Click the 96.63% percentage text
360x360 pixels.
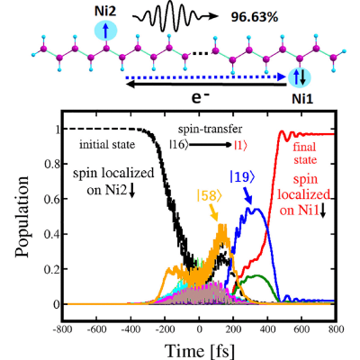click(255, 18)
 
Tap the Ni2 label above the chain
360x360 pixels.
click(105, 12)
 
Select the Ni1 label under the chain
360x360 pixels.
click(302, 99)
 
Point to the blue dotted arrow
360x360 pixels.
click(206, 77)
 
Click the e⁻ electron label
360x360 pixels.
click(200, 98)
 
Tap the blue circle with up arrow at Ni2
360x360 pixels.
click(105, 31)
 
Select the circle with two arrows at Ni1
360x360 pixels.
click(300, 77)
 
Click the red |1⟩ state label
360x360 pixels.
click(241, 145)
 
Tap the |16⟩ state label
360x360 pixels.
click(179, 145)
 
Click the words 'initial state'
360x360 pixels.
click(107, 145)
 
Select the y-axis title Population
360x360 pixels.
click(22, 217)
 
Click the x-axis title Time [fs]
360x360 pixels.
click(200, 350)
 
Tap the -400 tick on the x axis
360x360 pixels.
click(130, 329)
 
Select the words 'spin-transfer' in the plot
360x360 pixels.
click(210, 130)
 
